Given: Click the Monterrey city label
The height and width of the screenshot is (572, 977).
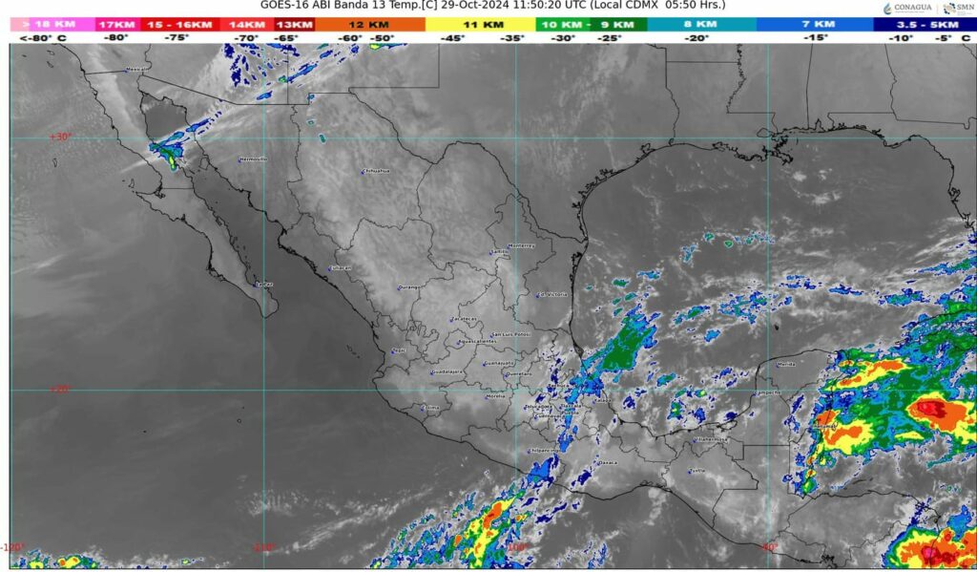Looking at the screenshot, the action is point(522,245).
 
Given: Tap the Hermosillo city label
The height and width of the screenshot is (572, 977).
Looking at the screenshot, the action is point(253,159).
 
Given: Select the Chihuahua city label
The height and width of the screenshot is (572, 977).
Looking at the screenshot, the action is point(377,172).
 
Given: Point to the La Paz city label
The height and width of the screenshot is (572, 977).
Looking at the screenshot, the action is point(263,284).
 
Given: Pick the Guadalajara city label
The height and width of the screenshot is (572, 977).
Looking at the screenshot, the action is point(447,371).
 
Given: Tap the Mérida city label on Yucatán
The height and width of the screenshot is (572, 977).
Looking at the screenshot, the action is point(786,365).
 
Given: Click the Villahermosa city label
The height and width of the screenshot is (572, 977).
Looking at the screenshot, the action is point(711,440).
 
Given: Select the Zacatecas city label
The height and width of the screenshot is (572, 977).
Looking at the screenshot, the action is point(464,319).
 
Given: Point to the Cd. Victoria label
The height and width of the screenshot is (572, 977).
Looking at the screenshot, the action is point(552,294).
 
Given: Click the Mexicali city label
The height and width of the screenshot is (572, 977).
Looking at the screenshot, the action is point(137,70).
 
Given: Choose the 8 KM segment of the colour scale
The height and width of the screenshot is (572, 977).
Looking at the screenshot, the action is point(701,23).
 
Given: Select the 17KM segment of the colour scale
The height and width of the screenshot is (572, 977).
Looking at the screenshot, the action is point(116,23).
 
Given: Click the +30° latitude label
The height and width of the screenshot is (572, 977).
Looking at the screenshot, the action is point(60,138).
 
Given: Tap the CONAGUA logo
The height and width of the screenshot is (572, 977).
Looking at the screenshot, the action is point(903,9).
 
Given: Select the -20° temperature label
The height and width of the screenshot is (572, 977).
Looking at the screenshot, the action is point(697,38).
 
